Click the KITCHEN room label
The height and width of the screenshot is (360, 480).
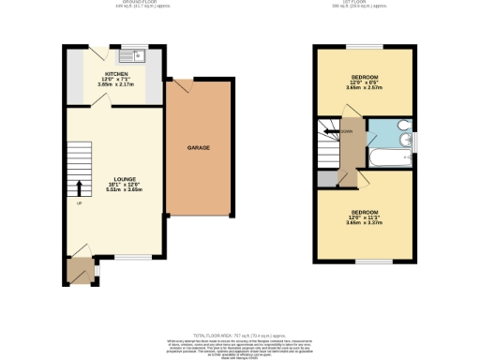click(x=116, y=72)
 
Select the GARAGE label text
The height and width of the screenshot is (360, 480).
click(x=198, y=148)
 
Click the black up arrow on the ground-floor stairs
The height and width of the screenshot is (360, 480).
click(x=78, y=187)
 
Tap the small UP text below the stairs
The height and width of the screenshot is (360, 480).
click(x=78, y=203)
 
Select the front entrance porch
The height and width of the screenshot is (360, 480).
click(x=78, y=272)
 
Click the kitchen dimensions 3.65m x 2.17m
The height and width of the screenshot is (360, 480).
click(x=116, y=85)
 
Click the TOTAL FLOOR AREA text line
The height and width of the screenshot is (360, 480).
click(x=240, y=334)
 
